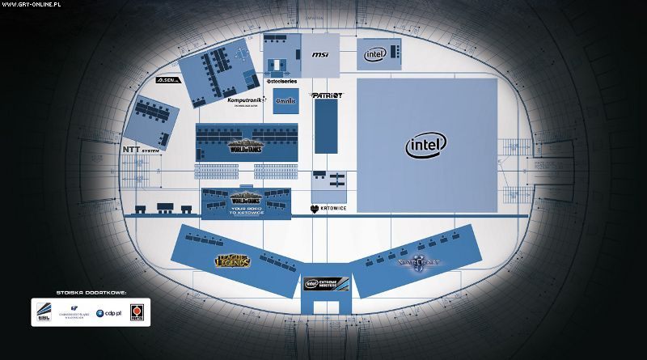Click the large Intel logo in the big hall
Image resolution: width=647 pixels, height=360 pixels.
426,146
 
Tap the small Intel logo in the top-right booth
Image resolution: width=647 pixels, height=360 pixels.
374,54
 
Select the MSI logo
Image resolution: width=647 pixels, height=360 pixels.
320,55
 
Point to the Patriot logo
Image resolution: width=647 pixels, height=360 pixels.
326,95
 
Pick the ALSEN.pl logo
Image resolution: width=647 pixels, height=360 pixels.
169,82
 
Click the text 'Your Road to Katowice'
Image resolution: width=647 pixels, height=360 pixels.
246,211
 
